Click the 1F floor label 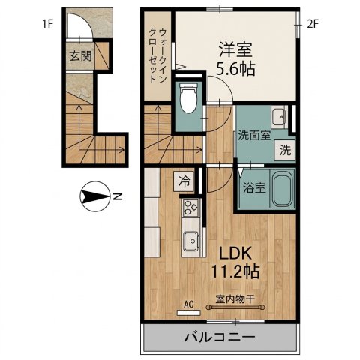click(48, 23)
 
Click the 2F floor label click(313, 23)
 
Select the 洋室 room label click(234, 50)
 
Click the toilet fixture click(188, 97)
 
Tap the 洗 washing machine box click(285, 148)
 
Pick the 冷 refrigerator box click(184, 180)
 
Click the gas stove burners click(190, 208)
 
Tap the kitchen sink click(191, 241)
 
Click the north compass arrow click(95, 197)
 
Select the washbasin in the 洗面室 click(279, 116)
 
